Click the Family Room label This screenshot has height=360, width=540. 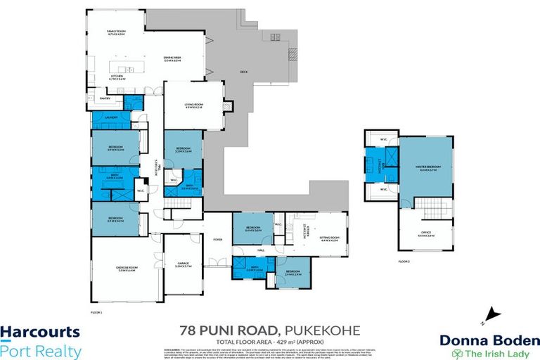pyautogui.click(x=115, y=32)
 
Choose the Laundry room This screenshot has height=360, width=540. pyautogui.click(x=110, y=117)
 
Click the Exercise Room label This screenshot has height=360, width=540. pyautogui.click(x=116, y=268)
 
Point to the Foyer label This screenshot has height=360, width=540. pyautogui.click(x=217, y=239)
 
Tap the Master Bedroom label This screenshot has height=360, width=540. pyautogui.click(x=426, y=168)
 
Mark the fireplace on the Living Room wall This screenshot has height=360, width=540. pyautogui.click(x=226, y=107)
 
